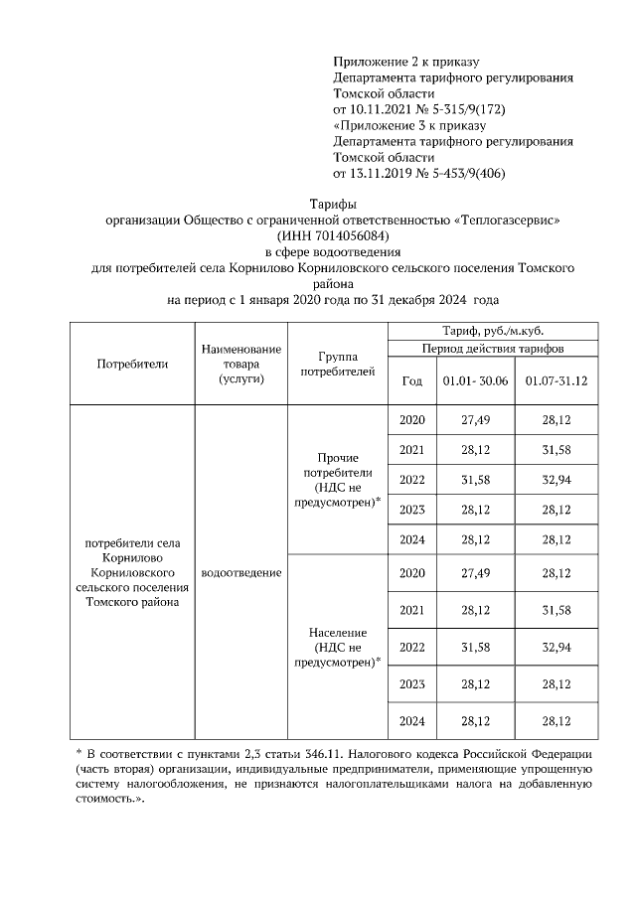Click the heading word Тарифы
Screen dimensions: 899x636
pyautogui.click(x=317, y=204)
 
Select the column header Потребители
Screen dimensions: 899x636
pyautogui.click(x=132, y=364)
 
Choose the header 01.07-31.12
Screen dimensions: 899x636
pyautogui.click(x=556, y=380)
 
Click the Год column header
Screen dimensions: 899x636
pyautogui.click(x=411, y=380)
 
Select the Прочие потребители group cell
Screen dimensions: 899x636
pyautogui.click(x=338, y=481)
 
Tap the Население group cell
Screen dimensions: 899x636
pyautogui.click(x=338, y=647)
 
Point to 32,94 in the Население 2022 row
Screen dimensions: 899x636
pyautogui.click(x=556, y=647)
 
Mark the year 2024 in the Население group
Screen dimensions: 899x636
pyautogui.click(x=411, y=720)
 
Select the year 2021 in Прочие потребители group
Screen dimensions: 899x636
pyautogui.click(x=411, y=450)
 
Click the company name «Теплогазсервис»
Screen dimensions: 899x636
pyautogui.click(x=507, y=220)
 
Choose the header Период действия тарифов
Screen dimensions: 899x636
pyautogui.click(x=493, y=349)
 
